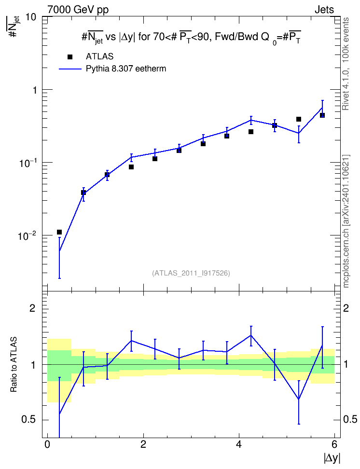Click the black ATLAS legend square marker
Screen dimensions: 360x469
70,57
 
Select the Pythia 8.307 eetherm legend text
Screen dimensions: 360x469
126,69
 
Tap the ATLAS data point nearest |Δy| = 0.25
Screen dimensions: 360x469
59,232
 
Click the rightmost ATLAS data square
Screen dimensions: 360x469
322,115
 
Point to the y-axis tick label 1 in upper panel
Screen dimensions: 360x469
35,90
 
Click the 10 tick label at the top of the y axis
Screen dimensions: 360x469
31,17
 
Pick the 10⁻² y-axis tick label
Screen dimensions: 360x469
27,235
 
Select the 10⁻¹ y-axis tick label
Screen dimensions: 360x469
27,163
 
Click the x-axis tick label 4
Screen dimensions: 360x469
239,444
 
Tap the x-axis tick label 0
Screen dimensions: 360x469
47,444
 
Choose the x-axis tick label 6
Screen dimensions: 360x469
334,444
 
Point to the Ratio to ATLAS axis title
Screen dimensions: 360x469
14,364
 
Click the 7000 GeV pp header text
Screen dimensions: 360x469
78,10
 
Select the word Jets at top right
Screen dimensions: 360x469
324,10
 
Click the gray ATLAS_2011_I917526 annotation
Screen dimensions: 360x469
191,273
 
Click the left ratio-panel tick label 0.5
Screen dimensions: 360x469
28,420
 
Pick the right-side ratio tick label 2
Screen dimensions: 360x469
346,308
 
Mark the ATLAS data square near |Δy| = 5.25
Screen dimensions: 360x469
298,119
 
